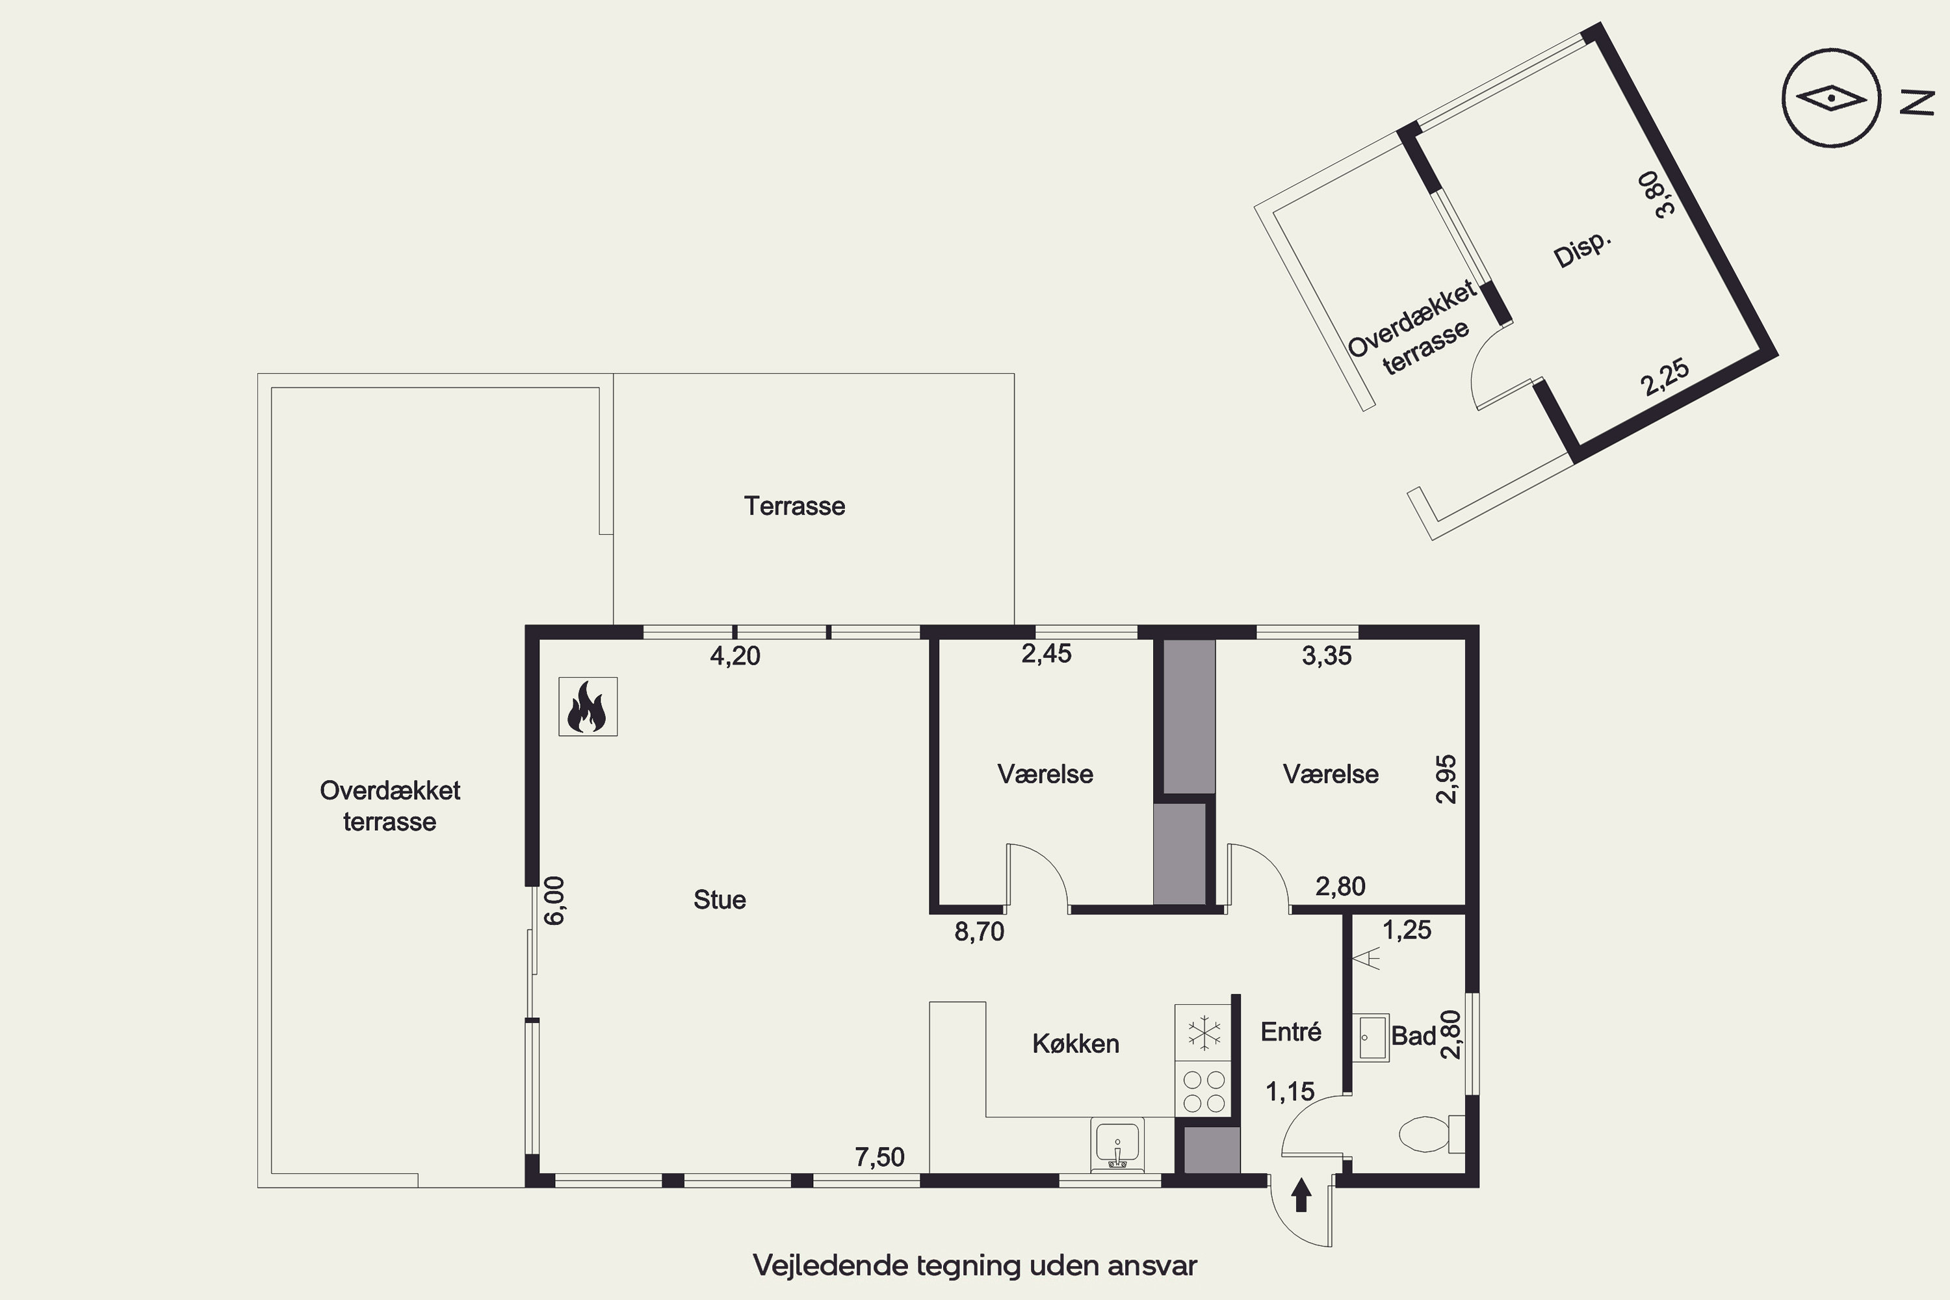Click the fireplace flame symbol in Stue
tap(587, 707)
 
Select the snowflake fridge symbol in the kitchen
tap(1204, 1033)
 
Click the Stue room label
tap(720, 900)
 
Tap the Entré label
tap(1291, 1032)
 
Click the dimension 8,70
tap(979, 932)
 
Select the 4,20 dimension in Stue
tap(735, 656)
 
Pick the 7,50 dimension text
tap(879, 1156)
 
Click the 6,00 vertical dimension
tap(554, 900)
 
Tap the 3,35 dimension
tap(1327, 656)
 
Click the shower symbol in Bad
tap(1366, 959)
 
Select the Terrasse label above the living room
tap(794, 506)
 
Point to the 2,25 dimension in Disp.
tap(1665, 377)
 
